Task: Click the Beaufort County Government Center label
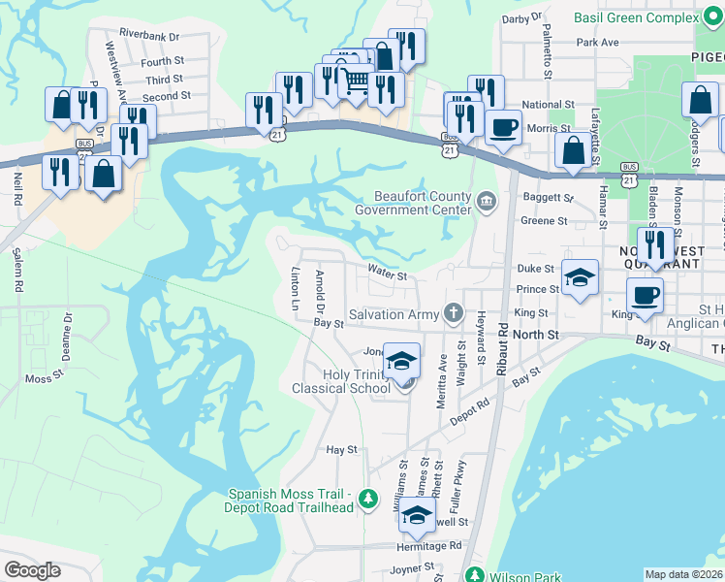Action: point(413,203)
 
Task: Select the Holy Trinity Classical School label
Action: point(341,380)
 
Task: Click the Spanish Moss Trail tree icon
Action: point(367,500)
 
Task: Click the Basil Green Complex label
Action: point(635,17)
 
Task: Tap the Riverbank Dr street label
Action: point(147,36)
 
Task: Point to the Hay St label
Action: point(342,450)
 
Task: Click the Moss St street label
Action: point(44,378)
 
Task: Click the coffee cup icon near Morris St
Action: point(502,127)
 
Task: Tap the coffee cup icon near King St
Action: point(644,294)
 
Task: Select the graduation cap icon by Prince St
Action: point(580,277)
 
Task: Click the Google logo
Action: point(33,570)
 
